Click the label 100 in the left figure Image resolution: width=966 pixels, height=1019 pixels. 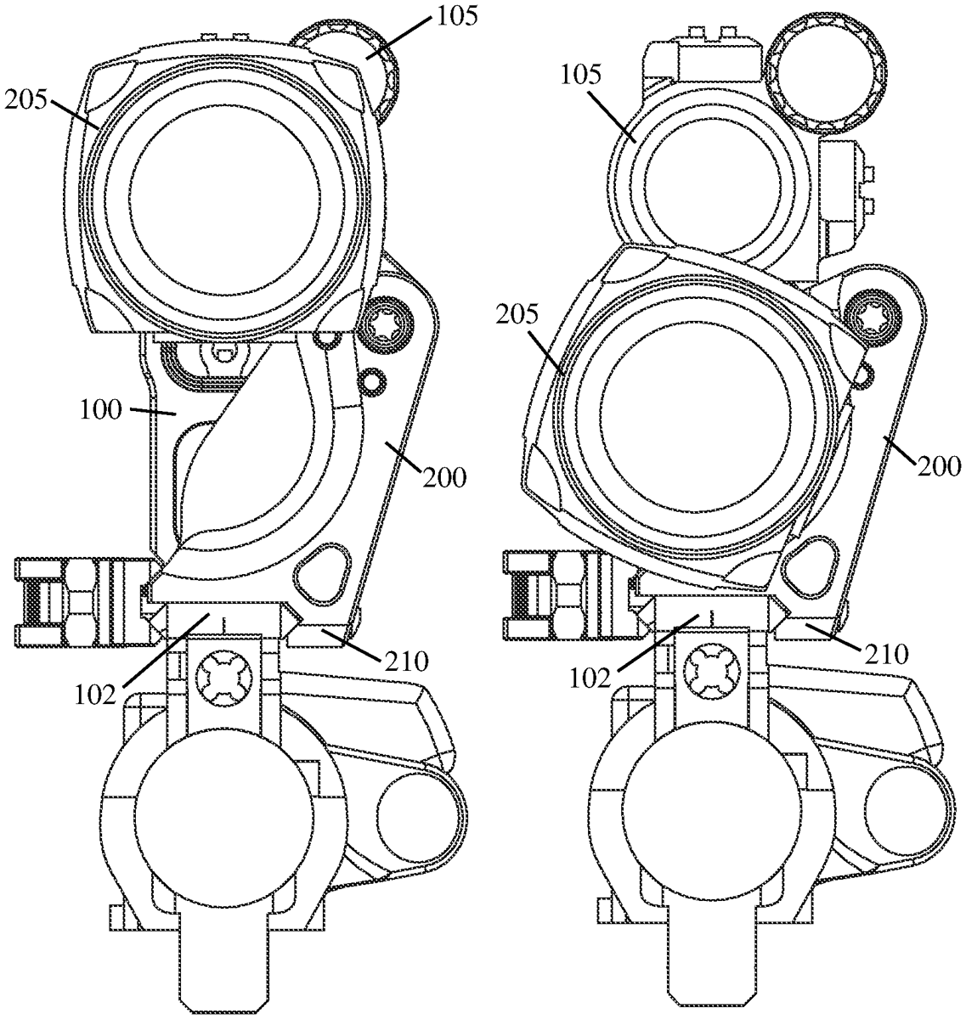coord(100,410)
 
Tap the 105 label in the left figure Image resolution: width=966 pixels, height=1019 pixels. coord(456,17)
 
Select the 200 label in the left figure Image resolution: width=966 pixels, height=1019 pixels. coord(444,477)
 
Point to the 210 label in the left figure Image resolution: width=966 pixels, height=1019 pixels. coord(406,662)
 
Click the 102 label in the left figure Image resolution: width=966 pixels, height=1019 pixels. coord(95,696)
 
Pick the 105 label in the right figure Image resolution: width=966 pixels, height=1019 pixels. coord(580,76)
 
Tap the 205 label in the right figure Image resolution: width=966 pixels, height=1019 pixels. coord(517,314)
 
